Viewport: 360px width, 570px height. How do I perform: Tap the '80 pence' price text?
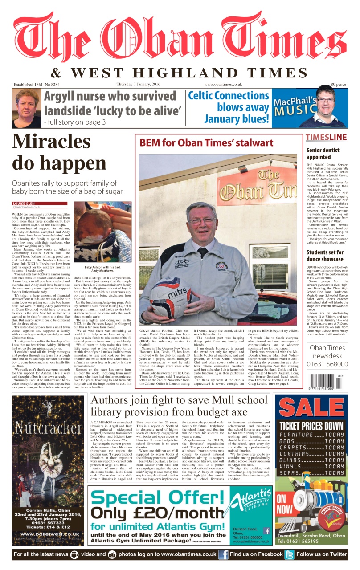[338, 84]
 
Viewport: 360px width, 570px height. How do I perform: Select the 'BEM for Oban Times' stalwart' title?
[206, 143]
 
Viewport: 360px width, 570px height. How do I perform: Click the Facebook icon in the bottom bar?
[224, 555]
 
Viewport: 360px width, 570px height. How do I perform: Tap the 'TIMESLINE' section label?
[325, 137]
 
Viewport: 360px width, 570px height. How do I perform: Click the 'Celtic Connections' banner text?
[228, 95]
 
